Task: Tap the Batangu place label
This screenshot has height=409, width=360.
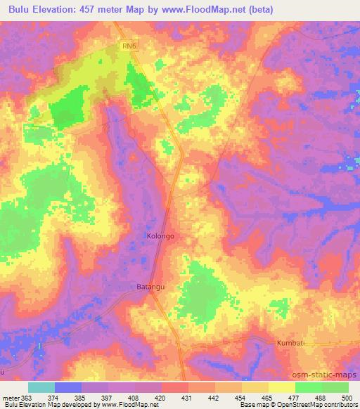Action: tap(150, 287)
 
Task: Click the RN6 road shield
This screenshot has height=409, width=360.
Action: tap(127, 46)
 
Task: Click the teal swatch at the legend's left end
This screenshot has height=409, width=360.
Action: tap(41, 387)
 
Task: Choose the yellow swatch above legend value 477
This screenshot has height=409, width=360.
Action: tap(282, 387)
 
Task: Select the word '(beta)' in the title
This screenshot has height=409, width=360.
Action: tap(259, 10)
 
